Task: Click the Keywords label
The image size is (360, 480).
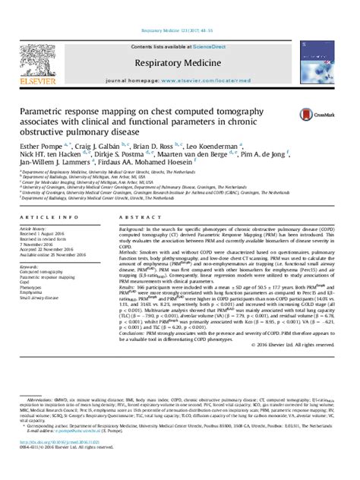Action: point(36,268)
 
